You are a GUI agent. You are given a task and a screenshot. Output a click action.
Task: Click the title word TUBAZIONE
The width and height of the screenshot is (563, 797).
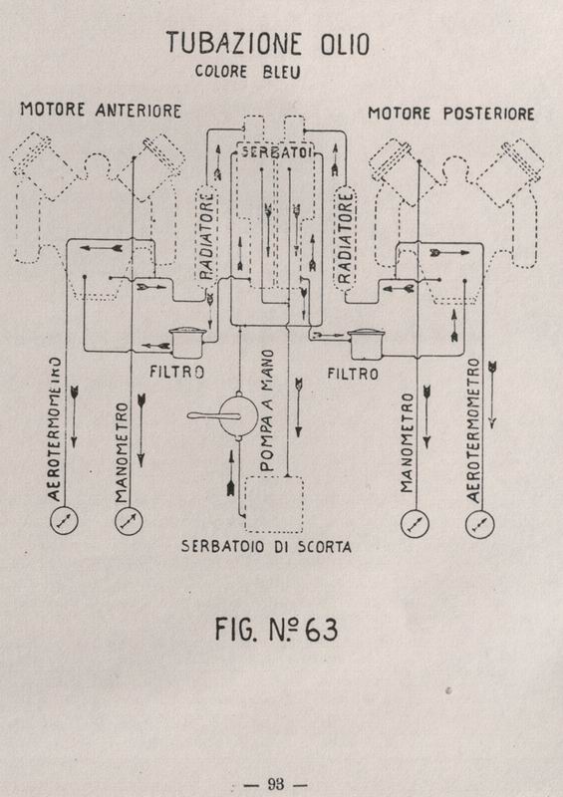click(234, 43)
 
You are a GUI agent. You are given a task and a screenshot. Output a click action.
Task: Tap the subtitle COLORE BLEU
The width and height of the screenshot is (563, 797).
click(248, 72)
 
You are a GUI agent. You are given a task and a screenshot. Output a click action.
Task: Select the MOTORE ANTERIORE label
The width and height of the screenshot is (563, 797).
click(101, 110)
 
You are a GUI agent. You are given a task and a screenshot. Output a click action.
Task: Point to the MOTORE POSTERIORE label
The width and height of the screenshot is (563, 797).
click(451, 114)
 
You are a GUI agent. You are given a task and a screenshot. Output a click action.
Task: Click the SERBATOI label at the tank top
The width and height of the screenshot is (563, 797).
click(274, 151)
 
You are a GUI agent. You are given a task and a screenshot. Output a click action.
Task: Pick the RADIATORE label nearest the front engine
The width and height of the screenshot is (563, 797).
click(206, 236)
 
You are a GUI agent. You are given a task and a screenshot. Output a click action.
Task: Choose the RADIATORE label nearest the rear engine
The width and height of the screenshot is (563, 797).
click(345, 237)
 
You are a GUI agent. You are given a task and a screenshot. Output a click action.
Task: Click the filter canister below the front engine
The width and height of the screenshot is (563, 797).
click(187, 342)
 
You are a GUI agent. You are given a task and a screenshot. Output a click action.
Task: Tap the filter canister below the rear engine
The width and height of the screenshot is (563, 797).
click(366, 344)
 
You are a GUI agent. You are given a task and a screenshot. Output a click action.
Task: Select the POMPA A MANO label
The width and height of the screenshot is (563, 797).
click(267, 409)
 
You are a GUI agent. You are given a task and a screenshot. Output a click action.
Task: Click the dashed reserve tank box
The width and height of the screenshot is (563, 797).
click(274, 504)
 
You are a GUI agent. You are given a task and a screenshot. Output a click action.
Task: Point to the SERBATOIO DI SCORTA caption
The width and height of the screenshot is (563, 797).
click(266, 546)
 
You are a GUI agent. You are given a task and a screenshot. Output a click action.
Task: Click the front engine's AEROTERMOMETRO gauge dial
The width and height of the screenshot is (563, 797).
click(64, 520)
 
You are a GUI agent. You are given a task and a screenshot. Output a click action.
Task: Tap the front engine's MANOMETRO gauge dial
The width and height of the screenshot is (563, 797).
click(129, 521)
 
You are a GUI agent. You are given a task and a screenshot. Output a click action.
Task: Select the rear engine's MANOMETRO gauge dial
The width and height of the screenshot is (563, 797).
click(415, 524)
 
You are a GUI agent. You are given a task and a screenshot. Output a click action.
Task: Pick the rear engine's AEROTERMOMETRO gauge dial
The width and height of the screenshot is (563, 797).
click(480, 524)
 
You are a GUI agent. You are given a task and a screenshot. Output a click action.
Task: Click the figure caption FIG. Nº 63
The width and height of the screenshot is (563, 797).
click(276, 630)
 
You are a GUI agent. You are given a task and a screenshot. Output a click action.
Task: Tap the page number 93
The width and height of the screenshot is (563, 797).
click(276, 783)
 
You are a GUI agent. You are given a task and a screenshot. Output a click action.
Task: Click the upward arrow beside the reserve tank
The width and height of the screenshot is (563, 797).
click(231, 472)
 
